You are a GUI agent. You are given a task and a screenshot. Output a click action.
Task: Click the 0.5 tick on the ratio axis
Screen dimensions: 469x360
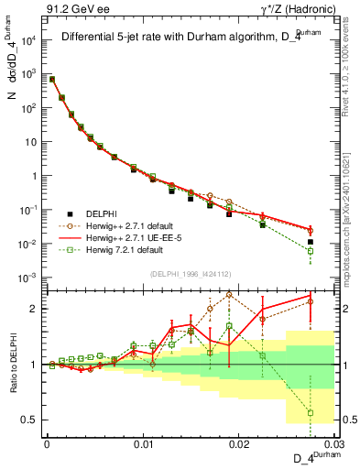coord(33,420)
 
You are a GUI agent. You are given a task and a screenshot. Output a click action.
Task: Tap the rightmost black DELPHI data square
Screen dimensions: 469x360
coord(311,242)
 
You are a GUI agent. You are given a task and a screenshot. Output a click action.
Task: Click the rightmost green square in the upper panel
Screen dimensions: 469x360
coord(311,251)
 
